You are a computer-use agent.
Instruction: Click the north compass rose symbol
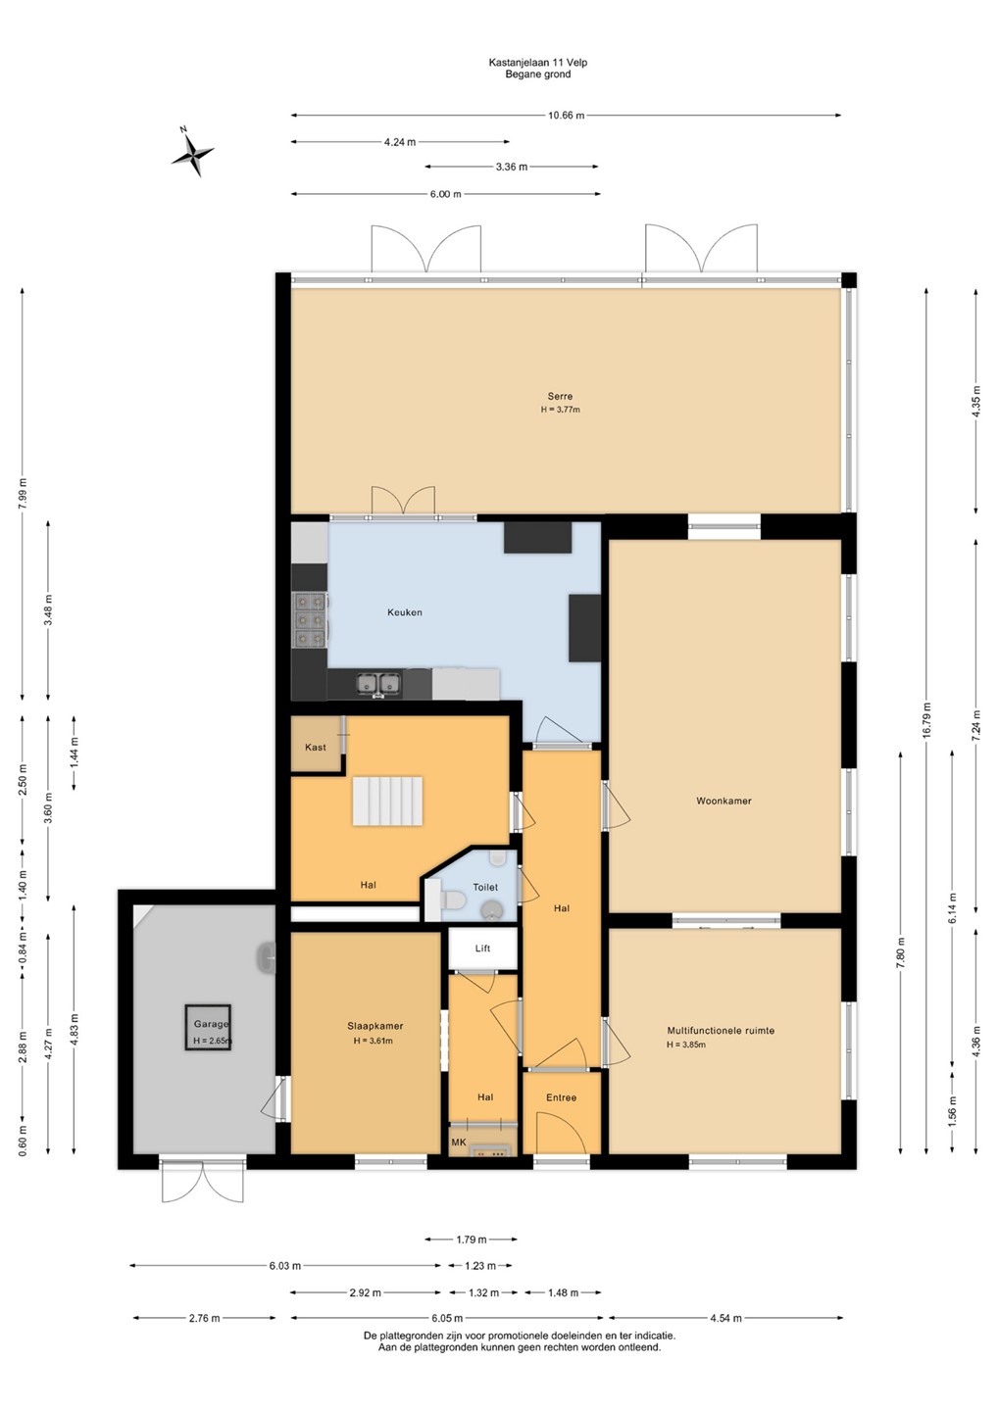click(x=192, y=152)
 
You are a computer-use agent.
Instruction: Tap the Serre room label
click(x=560, y=396)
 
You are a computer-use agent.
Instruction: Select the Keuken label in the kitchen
click(x=405, y=611)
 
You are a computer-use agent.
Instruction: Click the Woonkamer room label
click(x=724, y=801)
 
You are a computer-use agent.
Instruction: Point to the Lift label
click(x=482, y=948)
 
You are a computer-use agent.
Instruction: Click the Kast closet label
click(x=315, y=747)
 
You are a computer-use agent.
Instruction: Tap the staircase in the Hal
click(x=386, y=801)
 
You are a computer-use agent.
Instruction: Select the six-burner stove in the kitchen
click(x=310, y=620)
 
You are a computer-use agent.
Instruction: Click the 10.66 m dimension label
click(x=566, y=116)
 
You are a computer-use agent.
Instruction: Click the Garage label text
click(x=211, y=1024)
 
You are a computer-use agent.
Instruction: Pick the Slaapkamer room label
click(x=374, y=1026)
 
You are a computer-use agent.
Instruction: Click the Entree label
click(x=561, y=1096)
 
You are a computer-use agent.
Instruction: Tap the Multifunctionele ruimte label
click(x=721, y=1031)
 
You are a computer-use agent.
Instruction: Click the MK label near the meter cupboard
click(x=458, y=1143)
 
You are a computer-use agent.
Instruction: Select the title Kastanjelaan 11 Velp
click(x=538, y=63)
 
